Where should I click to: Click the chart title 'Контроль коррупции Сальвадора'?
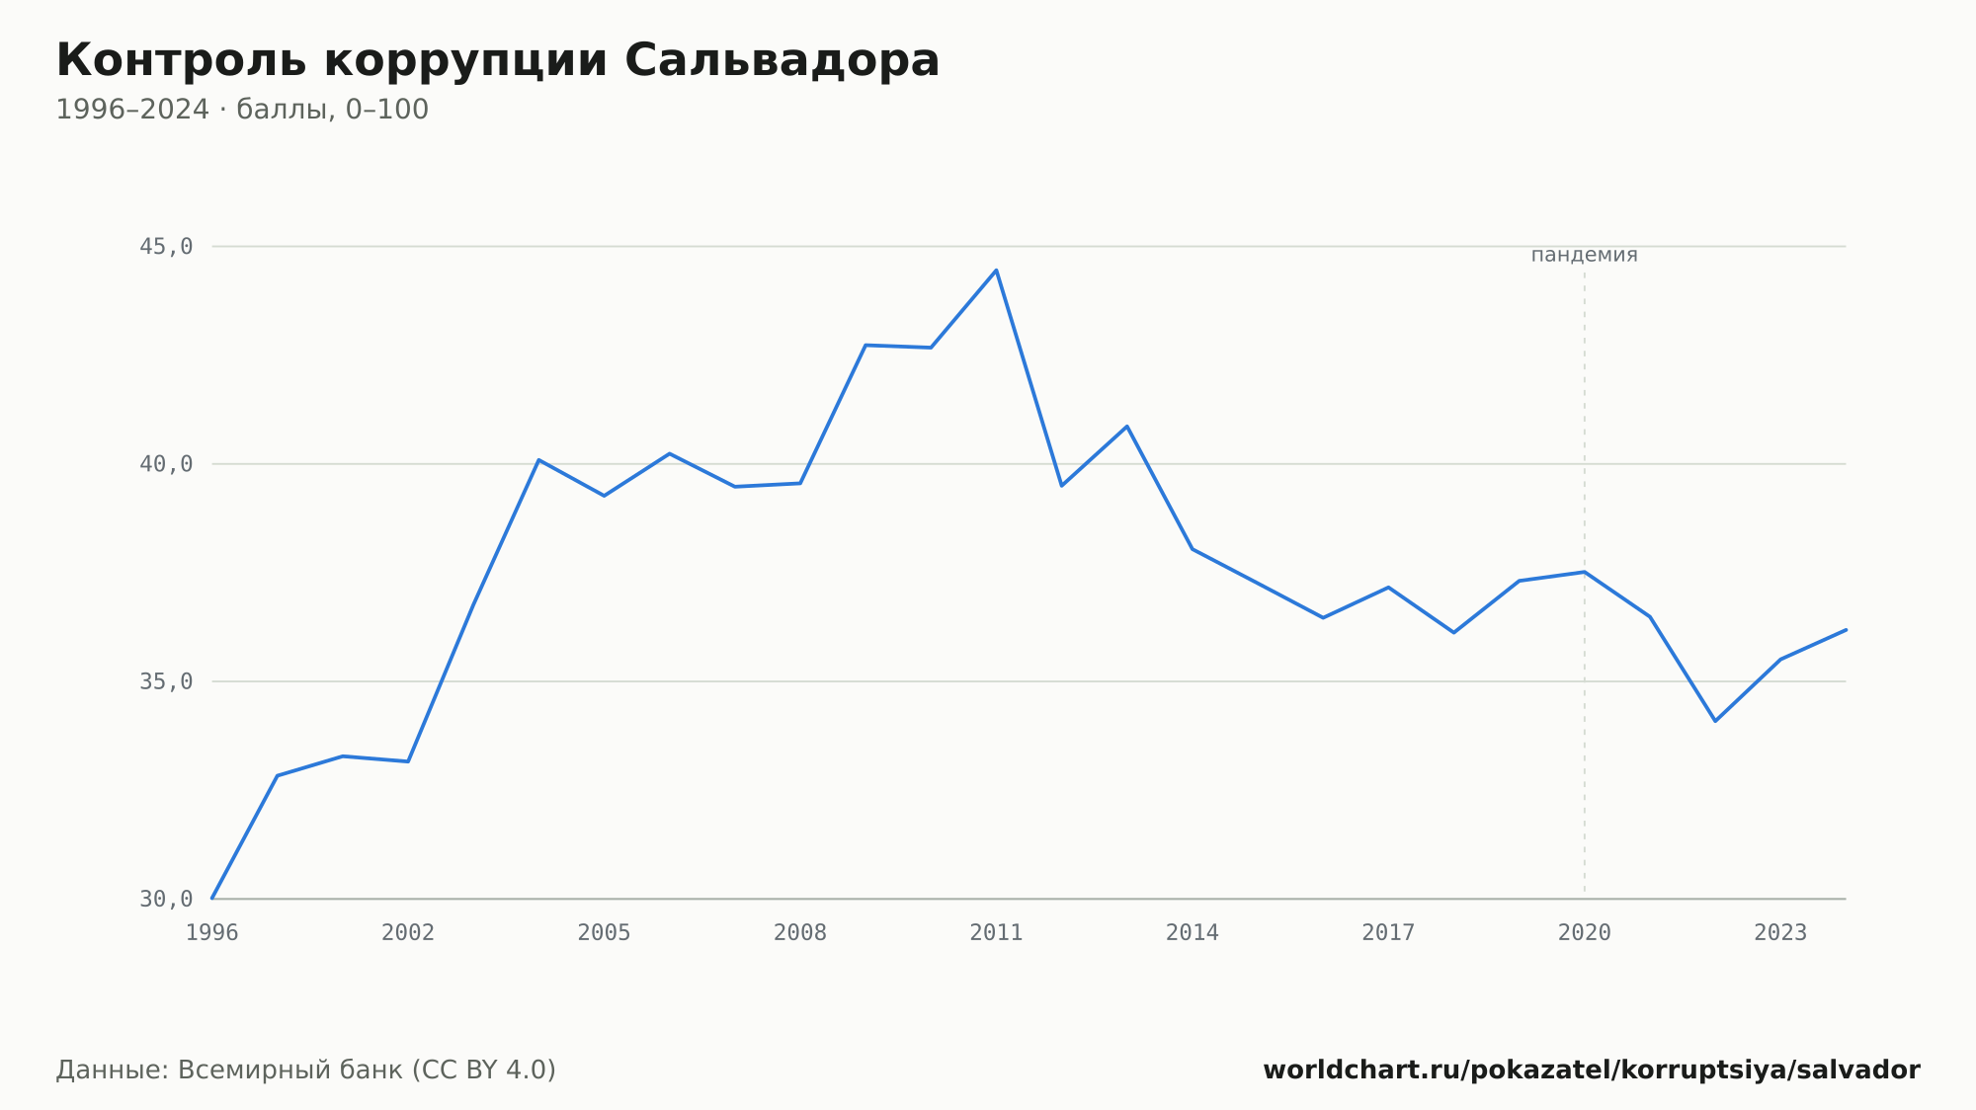click(498, 61)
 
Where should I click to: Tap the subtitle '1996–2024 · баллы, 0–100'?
click(242, 110)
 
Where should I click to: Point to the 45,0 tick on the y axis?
click(166, 247)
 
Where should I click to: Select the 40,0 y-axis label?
click(166, 464)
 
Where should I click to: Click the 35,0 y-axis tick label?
click(166, 681)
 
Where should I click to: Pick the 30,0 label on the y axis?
click(166, 899)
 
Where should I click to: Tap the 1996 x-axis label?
click(212, 933)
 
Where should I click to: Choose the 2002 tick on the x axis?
click(408, 933)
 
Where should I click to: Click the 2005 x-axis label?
click(605, 933)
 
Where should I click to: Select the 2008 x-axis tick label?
click(800, 933)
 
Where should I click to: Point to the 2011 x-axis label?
click(996, 933)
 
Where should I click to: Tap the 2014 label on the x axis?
click(1193, 933)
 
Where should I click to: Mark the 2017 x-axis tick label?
click(1388, 933)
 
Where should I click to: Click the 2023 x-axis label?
click(1780, 933)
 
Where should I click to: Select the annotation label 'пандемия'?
click(1584, 255)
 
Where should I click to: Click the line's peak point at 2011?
click(996, 270)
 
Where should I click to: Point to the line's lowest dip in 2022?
click(1715, 721)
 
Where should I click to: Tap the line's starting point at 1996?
click(212, 899)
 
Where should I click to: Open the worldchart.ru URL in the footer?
click(1592, 1070)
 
